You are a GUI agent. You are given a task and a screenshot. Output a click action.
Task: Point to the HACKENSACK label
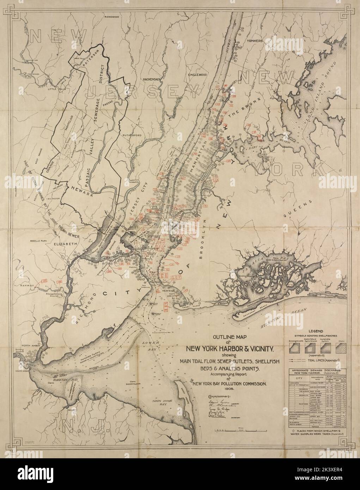click(152, 80)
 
